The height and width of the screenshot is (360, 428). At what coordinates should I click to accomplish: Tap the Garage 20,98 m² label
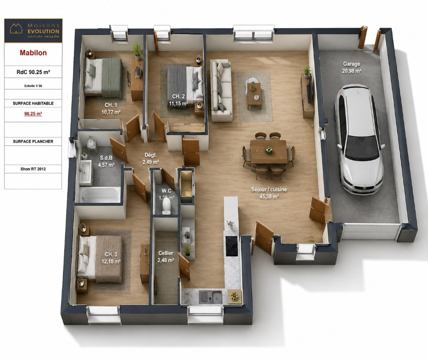point(352,67)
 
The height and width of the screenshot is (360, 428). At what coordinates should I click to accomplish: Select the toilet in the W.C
point(166,206)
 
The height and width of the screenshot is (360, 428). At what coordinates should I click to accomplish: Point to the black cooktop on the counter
point(232,246)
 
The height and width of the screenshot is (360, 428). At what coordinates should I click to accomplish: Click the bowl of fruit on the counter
point(234,296)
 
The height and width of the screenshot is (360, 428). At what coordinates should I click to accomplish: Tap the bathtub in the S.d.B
point(99,195)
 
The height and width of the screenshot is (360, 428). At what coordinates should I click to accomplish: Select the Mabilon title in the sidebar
point(33,53)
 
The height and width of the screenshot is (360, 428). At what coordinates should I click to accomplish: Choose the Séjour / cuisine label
point(269,193)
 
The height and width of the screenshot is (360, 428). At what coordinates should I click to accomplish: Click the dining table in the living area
point(268,151)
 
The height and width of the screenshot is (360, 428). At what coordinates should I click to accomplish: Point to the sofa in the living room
point(222,90)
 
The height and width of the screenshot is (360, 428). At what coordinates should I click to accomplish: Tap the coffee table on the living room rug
point(254,95)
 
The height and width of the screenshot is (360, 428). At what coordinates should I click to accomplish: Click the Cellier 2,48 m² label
point(166,257)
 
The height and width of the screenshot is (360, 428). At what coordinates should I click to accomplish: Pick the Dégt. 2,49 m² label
point(151,159)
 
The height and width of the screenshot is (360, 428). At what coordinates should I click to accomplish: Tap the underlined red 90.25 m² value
point(33,114)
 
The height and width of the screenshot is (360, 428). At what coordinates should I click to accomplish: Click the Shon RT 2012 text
point(33,169)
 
